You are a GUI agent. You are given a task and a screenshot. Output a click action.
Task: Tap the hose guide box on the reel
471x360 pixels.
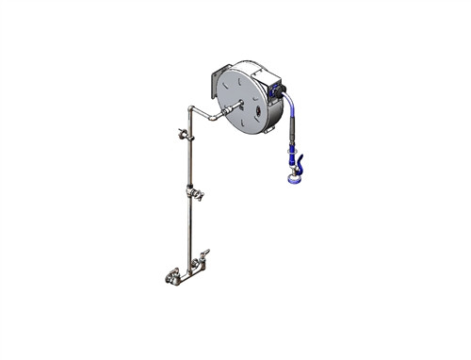(275, 89)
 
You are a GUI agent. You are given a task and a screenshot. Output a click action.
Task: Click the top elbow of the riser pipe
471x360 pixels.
(191, 110)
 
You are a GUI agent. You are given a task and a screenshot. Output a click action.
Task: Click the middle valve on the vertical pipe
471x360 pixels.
(195, 194)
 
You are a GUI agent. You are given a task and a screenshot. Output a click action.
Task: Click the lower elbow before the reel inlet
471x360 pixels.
(213, 117)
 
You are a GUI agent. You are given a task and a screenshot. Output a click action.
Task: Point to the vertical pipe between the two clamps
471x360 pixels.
(189, 165)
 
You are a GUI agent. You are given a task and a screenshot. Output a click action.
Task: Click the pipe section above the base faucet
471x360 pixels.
(189, 236)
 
